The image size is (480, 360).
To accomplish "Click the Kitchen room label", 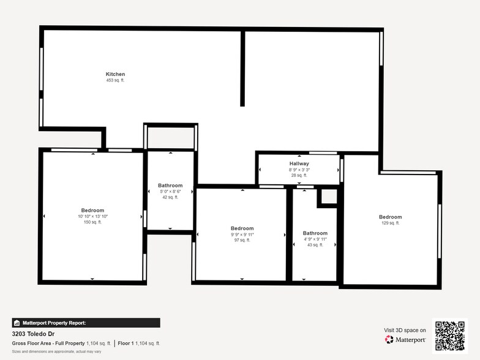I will point(115,74).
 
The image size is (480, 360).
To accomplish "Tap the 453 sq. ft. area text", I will point(115,80).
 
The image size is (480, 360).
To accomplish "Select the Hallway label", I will point(299,163).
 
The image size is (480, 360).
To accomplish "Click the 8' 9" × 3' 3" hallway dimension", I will point(299,170).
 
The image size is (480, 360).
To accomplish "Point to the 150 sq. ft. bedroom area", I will point(92,222).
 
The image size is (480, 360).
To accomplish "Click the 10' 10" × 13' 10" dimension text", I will point(92,216).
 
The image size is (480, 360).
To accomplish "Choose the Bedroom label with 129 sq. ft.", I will point(390,217).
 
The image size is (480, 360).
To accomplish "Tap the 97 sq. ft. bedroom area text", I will point(242,240).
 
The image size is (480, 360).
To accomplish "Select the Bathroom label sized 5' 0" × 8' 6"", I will point(170,185).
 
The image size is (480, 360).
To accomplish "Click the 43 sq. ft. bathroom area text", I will point(315,245).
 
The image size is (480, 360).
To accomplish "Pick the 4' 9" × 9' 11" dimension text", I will point(315,239).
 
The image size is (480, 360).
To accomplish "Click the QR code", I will point(450,336).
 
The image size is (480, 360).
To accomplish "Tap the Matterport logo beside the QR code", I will point(405,339).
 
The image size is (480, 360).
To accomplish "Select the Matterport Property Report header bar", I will point(86,323).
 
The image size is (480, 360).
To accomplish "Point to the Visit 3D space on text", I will point(405,330).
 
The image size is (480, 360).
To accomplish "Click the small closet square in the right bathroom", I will point(328,197).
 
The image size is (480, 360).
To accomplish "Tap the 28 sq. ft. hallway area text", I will point(299,175).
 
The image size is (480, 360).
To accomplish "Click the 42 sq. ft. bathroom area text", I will point(170,197).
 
